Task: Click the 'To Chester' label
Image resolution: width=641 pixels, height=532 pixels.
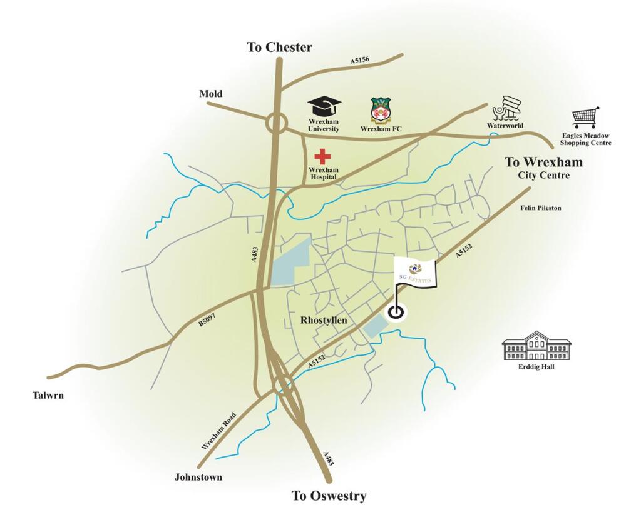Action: click(x=279, y=48)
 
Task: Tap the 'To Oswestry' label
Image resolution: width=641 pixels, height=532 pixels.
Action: click(x=329, y=496)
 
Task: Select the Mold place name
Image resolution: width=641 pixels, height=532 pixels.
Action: click(x=211, y=94)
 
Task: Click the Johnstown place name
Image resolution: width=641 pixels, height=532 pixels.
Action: click(x=198, y=477)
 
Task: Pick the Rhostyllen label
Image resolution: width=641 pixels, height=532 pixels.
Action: click(x=322, y=321)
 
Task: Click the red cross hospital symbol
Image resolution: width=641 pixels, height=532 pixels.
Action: click(x=323, y=156)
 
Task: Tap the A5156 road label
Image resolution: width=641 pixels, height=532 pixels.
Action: click(x=359, y=61)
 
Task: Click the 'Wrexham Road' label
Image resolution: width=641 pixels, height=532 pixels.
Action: click(x=218, y=431)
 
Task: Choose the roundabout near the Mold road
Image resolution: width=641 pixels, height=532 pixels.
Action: click(x=276, y=123)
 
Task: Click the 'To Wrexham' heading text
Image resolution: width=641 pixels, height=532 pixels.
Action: click(x=543, y=162)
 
